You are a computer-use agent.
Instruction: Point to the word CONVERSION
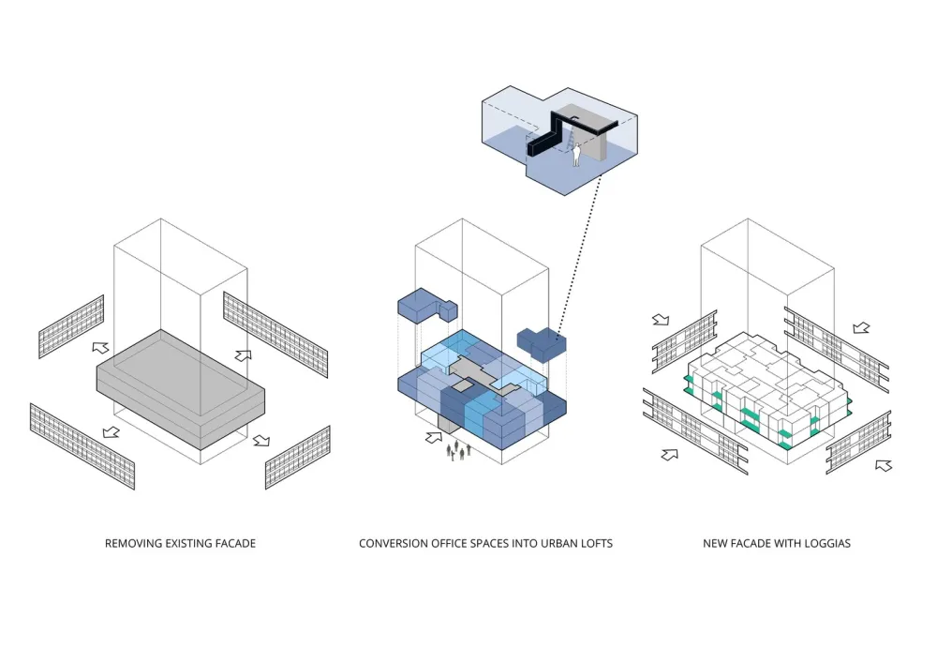(x=396, y=543)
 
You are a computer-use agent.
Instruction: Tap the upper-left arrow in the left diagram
(x=100, y=348)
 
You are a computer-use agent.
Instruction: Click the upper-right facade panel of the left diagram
(x=275, y=334)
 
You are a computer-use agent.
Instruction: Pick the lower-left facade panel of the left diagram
(x=82, y=445)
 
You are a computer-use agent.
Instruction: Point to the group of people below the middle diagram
(x=459, y=452)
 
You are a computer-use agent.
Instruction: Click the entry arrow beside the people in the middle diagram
(x=434, y=436)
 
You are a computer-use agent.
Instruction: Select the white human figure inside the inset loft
(x=578, y=155)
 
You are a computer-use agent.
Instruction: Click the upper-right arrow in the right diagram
(x=861, y=328)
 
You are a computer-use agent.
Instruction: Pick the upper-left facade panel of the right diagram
(x=684, y=341)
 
